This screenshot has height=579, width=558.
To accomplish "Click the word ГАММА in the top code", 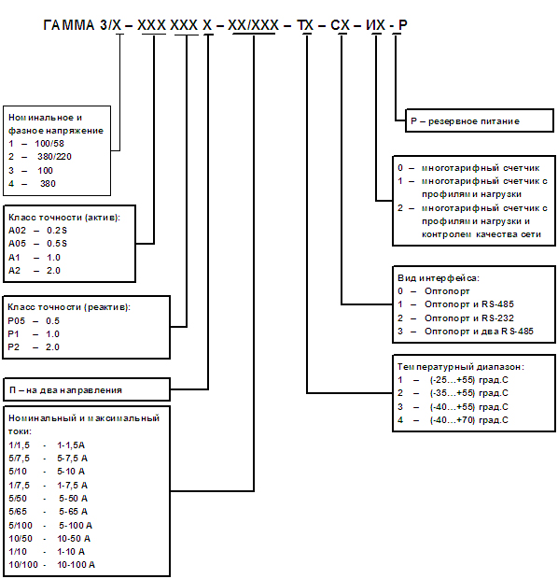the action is coord(69,25).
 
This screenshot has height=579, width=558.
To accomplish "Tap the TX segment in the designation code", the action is coord(305,25).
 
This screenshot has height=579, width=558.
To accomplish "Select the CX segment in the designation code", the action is coord(340,25).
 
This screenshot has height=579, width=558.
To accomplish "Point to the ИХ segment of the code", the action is coord(376,25).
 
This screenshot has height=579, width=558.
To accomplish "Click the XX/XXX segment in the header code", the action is coord(254,25).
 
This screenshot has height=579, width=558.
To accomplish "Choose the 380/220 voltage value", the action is coord(54,157).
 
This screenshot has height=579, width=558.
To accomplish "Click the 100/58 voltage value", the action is coord(49,143).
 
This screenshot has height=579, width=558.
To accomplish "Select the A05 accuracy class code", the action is coord(18,244).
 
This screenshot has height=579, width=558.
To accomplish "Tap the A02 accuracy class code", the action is coord(18,231).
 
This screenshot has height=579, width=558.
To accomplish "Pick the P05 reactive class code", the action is coord(17,321).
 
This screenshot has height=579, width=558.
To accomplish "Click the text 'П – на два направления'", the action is coord(65,390).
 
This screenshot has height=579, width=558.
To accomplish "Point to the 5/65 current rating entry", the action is coord(18,512).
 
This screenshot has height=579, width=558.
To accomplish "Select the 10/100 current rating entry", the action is coord(23,565).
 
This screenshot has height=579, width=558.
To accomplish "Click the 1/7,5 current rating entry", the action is coord(20,486).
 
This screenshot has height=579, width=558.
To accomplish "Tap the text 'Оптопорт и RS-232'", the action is coord(469,318).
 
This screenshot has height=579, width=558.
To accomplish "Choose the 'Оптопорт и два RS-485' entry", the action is coord(479,332).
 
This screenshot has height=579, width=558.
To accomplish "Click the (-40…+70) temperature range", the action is coord(452,420).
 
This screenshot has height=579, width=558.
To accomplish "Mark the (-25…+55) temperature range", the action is coord(452,380).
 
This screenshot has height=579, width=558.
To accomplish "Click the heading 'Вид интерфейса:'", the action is coord(439,278).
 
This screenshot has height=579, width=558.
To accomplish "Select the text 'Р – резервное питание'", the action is coord(465,121).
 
